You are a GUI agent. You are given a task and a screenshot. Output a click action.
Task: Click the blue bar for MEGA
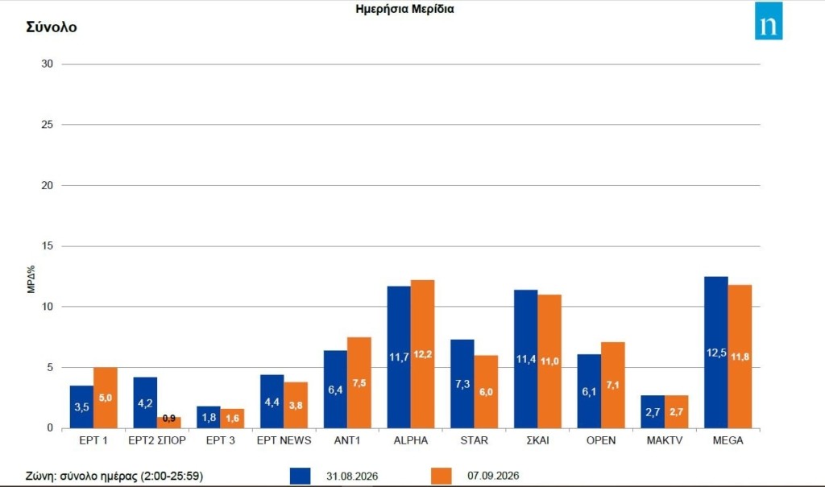[x=716, y=352]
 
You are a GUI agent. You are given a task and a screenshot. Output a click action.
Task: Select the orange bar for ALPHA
[x=422, y=354]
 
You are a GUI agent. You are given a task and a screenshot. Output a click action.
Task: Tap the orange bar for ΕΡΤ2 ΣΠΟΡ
[x=169, y=423]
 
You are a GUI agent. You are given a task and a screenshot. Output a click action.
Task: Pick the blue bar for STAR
[x=462, y=383]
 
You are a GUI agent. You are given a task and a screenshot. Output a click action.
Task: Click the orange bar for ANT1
[x=359, y=382]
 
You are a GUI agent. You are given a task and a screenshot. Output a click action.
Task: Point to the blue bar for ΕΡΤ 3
[x=209, y=417]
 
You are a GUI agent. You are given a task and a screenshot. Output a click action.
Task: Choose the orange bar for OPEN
[x=613, y=385]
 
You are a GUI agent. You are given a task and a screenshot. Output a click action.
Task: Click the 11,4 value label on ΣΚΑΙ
[x=525, y=359]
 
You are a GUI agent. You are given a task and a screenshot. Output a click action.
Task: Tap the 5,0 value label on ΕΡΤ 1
[x=106, y=398]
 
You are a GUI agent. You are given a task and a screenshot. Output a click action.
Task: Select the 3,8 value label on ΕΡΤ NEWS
[x=296, y=405]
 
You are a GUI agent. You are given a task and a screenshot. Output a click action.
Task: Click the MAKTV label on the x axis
[x=665, y=441]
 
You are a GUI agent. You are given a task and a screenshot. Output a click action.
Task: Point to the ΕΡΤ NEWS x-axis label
[x=284, y=441]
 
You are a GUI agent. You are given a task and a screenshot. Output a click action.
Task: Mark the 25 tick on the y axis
[x=48, y=125]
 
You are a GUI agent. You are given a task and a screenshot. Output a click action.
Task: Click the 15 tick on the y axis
[x=48, y=246]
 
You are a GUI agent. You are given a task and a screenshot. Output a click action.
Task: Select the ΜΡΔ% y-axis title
[x=31, y=279]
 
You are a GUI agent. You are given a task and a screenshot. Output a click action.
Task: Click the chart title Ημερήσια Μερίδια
[x=404, y=9]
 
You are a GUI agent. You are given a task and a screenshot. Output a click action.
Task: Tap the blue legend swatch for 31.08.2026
[x=300, y=476]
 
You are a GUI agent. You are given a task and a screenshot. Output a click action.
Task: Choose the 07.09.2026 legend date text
[x=493, y=476]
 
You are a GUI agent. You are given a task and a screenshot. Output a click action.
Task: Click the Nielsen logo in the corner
[x=769, y=20]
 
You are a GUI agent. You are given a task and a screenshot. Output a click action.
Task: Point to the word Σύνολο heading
[x=52, y=27]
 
